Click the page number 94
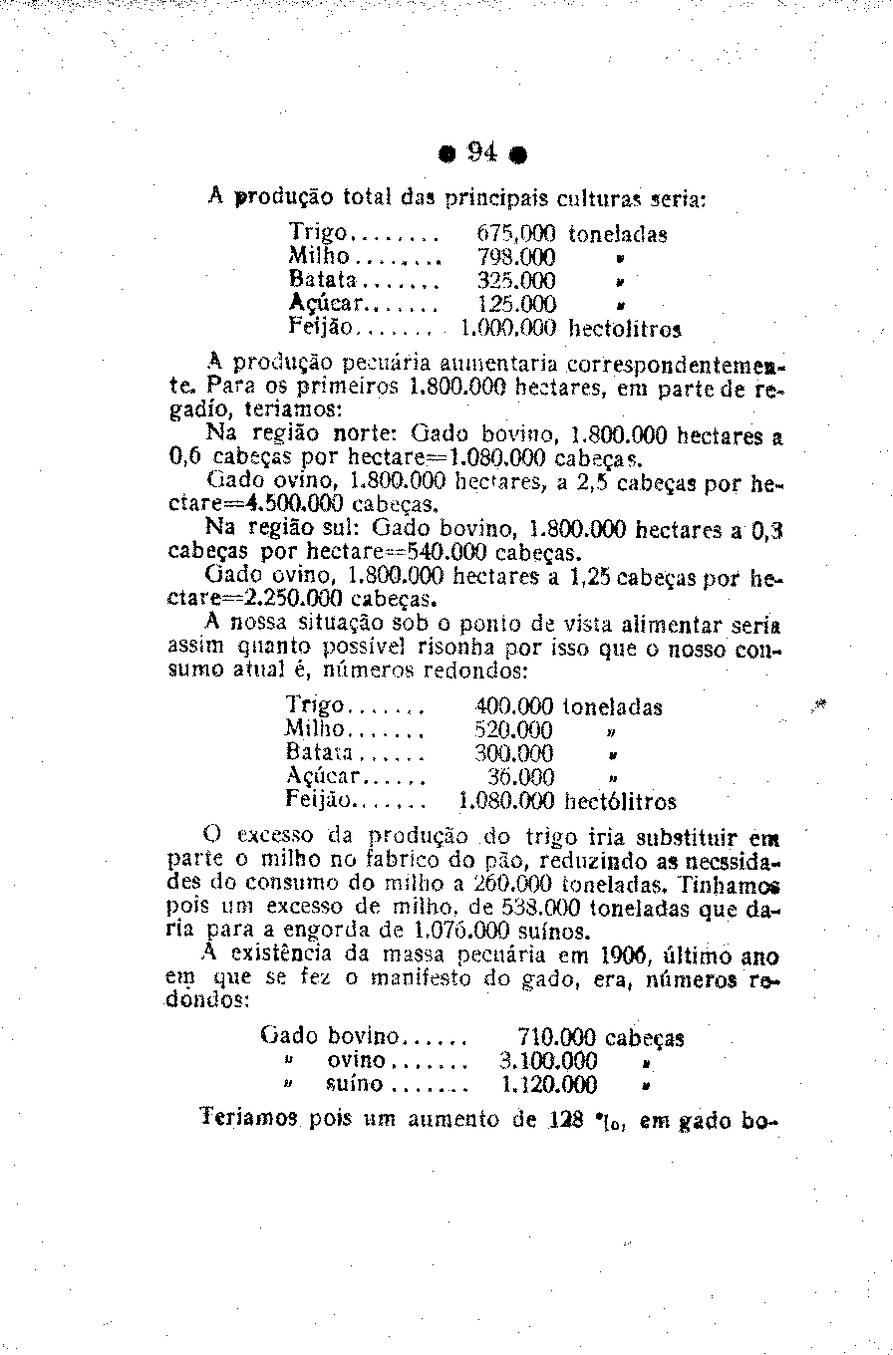[482, 153]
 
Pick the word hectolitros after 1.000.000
[624, 327]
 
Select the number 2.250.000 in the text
[293, 599]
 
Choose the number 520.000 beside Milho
[514, 730]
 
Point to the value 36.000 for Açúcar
[522, 777]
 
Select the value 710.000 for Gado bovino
[558, 1037]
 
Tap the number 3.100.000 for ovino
[548, 1061]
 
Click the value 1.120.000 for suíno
[548, 1085]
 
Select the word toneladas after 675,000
[617, 234]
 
